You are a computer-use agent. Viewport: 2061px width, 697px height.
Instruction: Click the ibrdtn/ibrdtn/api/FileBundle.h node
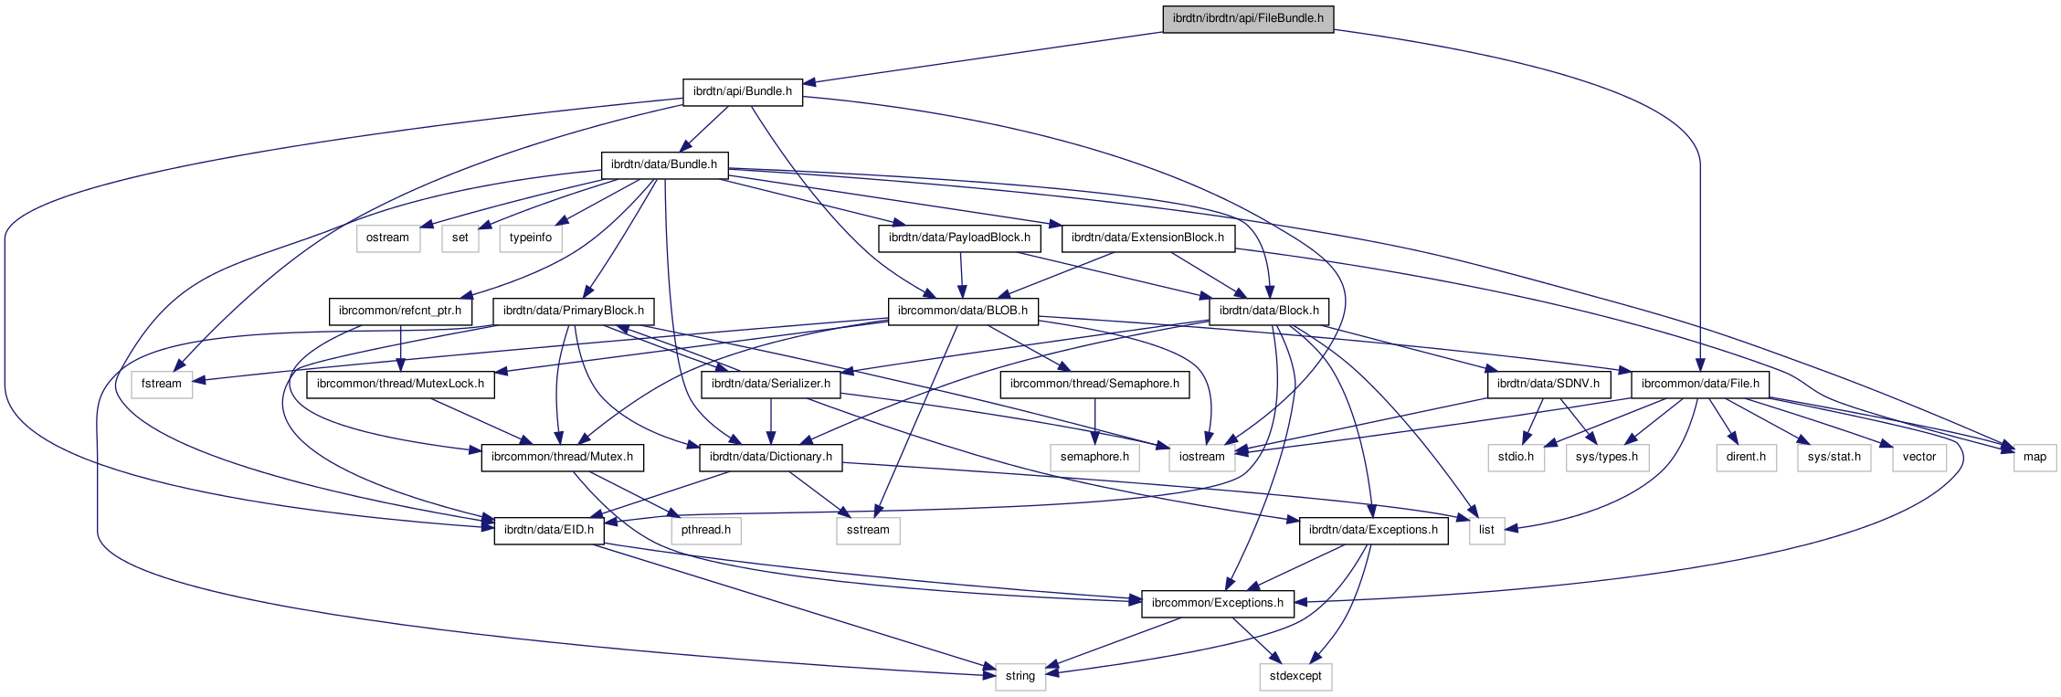1248,18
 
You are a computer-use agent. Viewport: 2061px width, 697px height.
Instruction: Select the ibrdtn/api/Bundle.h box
742,91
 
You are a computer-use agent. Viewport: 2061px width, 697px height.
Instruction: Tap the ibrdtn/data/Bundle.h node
664,164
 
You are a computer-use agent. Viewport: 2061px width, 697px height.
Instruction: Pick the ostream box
387,238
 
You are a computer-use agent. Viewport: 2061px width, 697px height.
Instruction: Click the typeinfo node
531,238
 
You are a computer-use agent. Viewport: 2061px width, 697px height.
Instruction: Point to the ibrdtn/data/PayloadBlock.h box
959,238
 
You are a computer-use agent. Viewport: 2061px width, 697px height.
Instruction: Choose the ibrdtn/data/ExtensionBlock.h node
1147,238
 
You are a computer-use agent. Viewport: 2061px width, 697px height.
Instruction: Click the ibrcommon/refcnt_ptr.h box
400,311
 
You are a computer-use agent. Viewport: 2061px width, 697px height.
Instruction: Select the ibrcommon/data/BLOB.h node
963,311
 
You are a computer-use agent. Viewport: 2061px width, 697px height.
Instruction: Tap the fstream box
162,384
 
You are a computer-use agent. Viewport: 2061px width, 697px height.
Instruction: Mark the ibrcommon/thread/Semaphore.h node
1094,384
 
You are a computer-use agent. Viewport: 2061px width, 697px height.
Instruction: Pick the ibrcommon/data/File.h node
1700,384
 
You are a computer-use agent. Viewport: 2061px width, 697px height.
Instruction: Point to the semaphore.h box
1094,457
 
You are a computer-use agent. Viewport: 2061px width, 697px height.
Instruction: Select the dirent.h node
1746,457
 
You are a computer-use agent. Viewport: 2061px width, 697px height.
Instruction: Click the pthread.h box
706,530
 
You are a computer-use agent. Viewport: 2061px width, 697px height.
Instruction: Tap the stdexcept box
1295,676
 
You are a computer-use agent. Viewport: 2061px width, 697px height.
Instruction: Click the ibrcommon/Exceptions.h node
1217,603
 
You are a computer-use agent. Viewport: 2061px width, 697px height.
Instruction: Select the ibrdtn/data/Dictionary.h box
771,457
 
